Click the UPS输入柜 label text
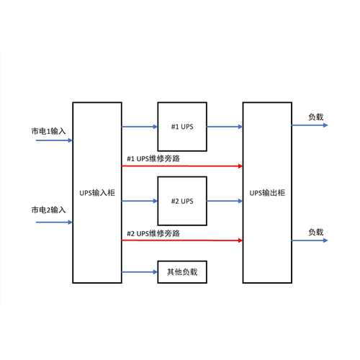pos(97,193)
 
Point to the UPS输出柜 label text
pos(267,193)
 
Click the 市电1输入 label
pos(48,131)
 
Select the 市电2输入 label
pos(48,210)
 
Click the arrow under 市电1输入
pos(54,140)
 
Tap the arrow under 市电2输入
pos(54,222)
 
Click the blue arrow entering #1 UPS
pos(140,127)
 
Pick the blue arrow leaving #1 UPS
pos(225,127)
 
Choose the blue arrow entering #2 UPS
pos(140,201)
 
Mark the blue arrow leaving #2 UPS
pos(225,201)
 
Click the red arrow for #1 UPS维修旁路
pos(182,166)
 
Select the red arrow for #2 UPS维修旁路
pos(182,240)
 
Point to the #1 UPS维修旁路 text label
pos(153,158)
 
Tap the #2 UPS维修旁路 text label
pos(153,233)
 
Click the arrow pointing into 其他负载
pos(140,272)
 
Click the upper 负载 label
pos(316,117)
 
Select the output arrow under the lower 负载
pos(310,240)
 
